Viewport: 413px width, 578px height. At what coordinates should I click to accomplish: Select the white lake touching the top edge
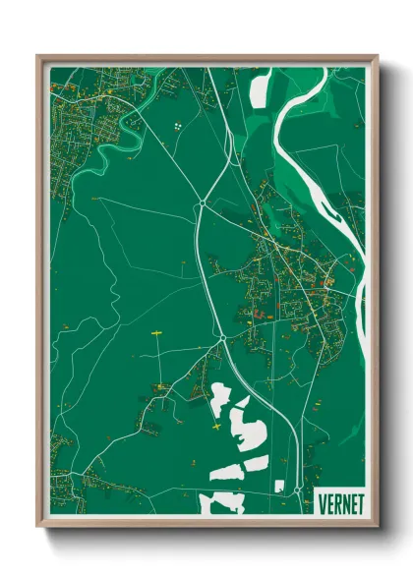click(x=261, y=87)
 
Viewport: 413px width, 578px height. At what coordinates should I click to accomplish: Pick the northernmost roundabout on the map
click(x=202, y=203)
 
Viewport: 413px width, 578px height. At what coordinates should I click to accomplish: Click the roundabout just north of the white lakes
click(x=223, y=339)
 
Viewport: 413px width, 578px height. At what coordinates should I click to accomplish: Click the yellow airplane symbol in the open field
click(x=155, y=335)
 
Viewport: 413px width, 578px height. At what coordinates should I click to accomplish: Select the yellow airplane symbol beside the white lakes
click(x=216, y=426)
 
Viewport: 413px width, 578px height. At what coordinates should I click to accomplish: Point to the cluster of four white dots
click(x=177, y=126)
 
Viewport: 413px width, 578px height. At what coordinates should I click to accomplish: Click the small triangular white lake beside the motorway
click(x=218, y=398)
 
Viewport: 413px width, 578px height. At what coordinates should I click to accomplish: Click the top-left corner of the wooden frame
click(x=38, y=56)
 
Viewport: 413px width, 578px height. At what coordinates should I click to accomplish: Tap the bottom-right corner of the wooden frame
click(x=376, y=526)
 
